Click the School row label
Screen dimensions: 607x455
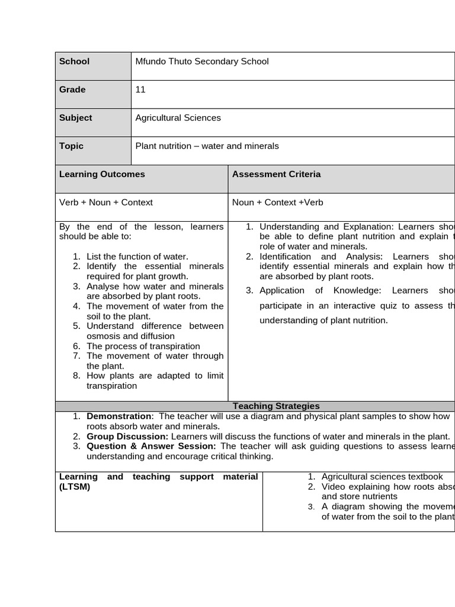75,61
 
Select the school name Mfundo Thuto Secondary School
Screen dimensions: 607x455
202,61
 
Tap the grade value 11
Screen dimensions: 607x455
140,90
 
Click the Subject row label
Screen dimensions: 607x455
76,117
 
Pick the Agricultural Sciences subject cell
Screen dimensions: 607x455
178,117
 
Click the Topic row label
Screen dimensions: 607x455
72,146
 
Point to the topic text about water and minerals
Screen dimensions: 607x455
207,146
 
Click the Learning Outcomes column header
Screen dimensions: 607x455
102,174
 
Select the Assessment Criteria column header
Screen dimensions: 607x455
276,174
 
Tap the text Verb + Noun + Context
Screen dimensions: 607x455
106,202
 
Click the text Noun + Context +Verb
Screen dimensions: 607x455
278,202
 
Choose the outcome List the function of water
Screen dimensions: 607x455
137,257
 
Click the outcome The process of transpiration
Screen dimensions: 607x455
143,346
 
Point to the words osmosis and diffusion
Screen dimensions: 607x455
122,336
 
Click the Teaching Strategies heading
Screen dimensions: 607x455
276,406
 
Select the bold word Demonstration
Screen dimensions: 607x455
119,416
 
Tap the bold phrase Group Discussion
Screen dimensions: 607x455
127,436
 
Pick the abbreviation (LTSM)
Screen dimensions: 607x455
75,487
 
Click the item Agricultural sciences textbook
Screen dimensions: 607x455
382,477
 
